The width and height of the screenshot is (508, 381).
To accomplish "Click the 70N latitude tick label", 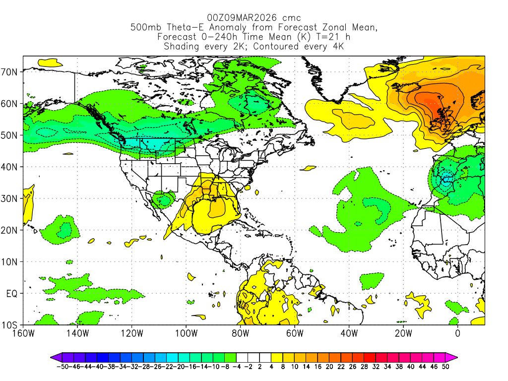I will [x=11, y=72].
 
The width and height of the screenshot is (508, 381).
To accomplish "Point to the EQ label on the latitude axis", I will [x=12, y=294].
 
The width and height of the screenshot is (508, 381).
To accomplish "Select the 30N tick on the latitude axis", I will [x=11, y=198].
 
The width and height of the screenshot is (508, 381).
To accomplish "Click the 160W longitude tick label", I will [x=23, y=333].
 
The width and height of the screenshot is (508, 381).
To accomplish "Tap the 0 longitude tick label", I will [x=457, y=333].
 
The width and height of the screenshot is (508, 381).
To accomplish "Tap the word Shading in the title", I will [x=182, y=46].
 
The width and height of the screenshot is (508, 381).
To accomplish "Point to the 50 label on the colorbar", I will [x=446, y=367].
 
